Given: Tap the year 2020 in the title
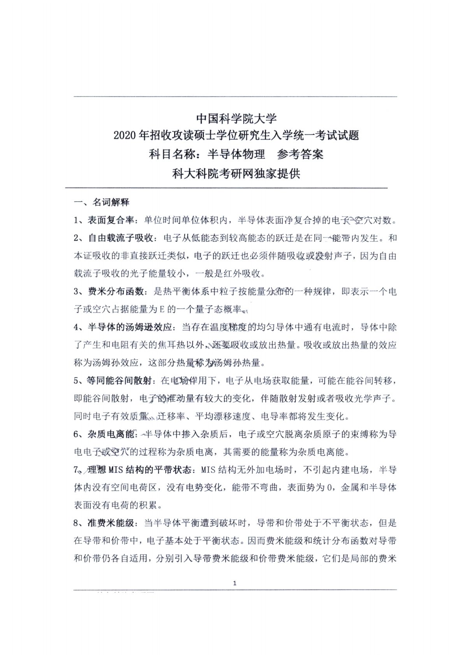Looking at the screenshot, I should [x=125, y=136].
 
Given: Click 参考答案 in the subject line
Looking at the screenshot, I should [x=300, y=155].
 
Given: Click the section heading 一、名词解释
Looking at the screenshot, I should [x=102, y=202].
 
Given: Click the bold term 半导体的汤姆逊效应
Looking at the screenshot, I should [x=130, y=327].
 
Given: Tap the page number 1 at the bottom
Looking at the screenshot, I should [x=234, y=583].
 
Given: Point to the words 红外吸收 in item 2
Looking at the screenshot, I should [x=243, y=274].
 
